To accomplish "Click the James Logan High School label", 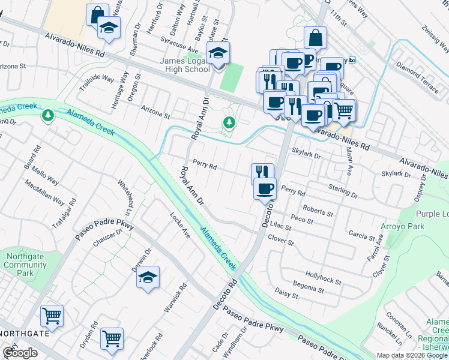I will point(176,65).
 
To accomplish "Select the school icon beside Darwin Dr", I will point(148,277).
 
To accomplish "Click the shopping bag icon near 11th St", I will point(315,38).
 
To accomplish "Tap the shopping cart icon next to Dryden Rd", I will point(112,339).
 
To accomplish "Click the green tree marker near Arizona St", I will point(229,123).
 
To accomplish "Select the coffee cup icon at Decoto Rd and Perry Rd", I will point(265,189).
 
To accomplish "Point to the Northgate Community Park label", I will point(25,265).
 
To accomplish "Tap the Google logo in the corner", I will point(20,353).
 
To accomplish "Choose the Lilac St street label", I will point(280,227).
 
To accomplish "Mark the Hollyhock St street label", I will point(323,281).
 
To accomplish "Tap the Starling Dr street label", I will point(343,196).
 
